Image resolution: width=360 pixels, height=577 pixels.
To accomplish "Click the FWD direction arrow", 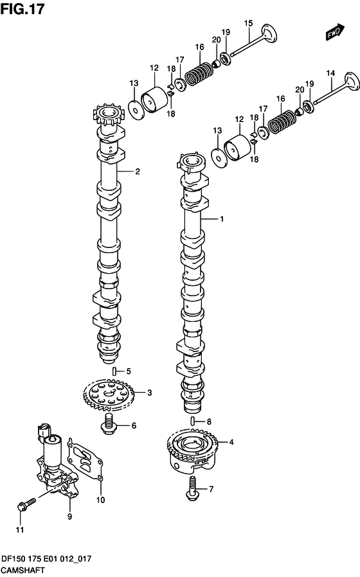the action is [x=335, y=32].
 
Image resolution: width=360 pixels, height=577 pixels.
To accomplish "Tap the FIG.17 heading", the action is [x=22, y=8].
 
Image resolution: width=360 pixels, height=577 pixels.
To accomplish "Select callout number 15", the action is [x=249, y=24].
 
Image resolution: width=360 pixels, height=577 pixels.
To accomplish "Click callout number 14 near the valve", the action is [x=330, y=73].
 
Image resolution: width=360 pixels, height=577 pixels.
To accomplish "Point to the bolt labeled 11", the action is [x=27, y=504].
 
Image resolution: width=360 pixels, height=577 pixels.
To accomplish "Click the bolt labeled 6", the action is [x=109, y=423].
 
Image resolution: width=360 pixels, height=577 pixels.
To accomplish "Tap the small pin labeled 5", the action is [x=115, y=371].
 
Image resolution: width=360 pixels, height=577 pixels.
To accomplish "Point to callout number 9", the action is [x=69, y=517].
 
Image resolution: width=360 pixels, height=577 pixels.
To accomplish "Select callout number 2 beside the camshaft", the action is [x=138, y=171].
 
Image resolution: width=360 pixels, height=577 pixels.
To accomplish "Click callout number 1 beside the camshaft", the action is [x=222, y=219].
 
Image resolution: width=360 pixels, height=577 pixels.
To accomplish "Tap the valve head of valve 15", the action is [x=269, y=34].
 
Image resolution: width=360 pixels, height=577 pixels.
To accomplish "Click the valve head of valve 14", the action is [x=351, y=82].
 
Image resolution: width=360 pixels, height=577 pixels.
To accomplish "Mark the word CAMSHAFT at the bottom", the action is [x=23, y=570].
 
